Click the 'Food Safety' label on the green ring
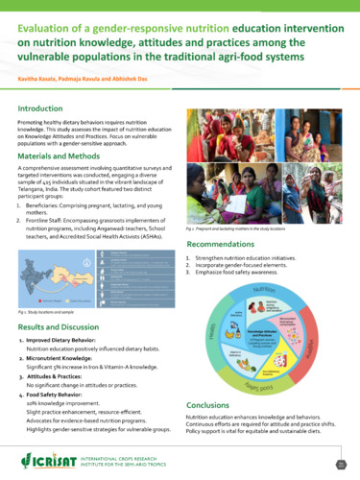271,387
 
